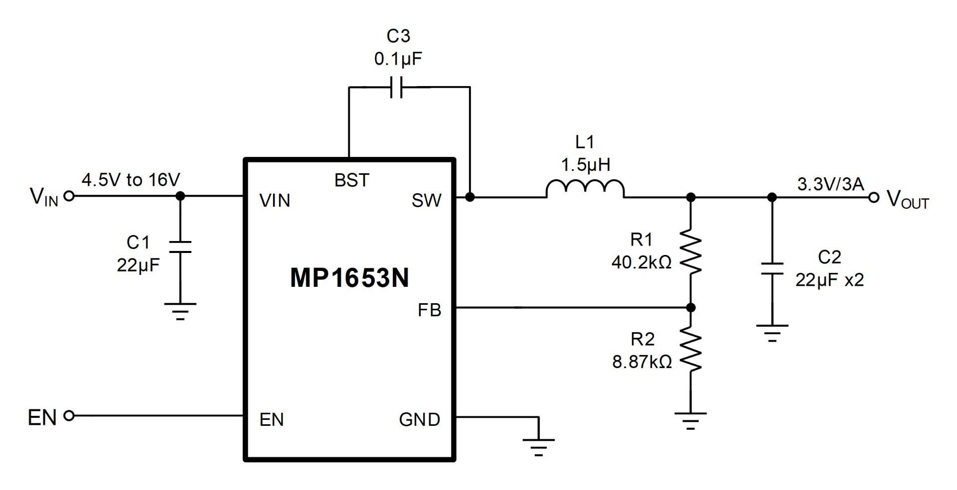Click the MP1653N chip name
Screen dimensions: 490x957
[x=349, y=278]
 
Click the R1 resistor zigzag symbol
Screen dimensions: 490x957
[x=691, y=251]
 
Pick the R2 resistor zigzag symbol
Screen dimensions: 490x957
[x=691, y=349]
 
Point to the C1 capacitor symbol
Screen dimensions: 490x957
[x=180, y=247]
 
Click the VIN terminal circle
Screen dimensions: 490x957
[x=70, y=196]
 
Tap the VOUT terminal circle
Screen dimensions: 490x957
[x=873, y=198]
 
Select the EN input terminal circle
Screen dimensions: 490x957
[x=70, y=415]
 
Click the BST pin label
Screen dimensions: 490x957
[x=351, y=180]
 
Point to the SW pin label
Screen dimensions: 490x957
[x=426, y=200]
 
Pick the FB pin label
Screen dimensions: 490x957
[x=429, y=310]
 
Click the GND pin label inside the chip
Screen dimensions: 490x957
[x=419, y=420]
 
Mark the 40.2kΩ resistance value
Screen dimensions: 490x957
[x=641, y=262]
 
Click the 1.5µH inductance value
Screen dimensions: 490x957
[x=586, y=164]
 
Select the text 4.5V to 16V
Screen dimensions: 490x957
[x=131, y=180]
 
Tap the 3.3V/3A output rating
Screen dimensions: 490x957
[x=830, y=184]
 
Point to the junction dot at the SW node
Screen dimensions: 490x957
[x=470, y=197]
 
